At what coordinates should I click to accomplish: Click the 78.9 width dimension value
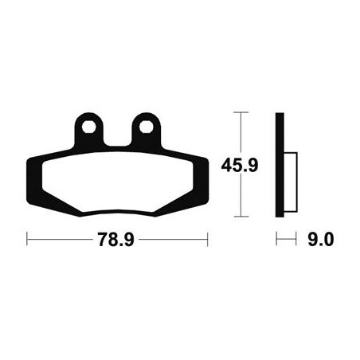pyautogui.click(x=116, y=240)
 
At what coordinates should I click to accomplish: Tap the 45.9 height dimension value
pyautogui.click(x=240, y=165)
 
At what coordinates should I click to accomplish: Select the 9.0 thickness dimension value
pyautogui.click(x=320, y=240)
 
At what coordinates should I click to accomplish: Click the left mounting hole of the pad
pyautogui.click(x=89, y=127)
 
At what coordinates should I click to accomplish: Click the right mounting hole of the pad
pyautogui.click(x=147, y=127)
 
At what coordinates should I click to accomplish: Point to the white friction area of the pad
pyautogui.click(x=118, y=182)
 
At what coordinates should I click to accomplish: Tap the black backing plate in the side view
pyautogui.click(x=280, y=165)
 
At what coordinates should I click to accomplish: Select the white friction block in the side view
pyautogui.click(x=291, y=182)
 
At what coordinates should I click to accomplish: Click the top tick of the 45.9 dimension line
pyautogui.click(x=241, y=112)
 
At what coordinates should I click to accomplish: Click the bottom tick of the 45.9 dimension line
pyautogui.click(x=241, y=217)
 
